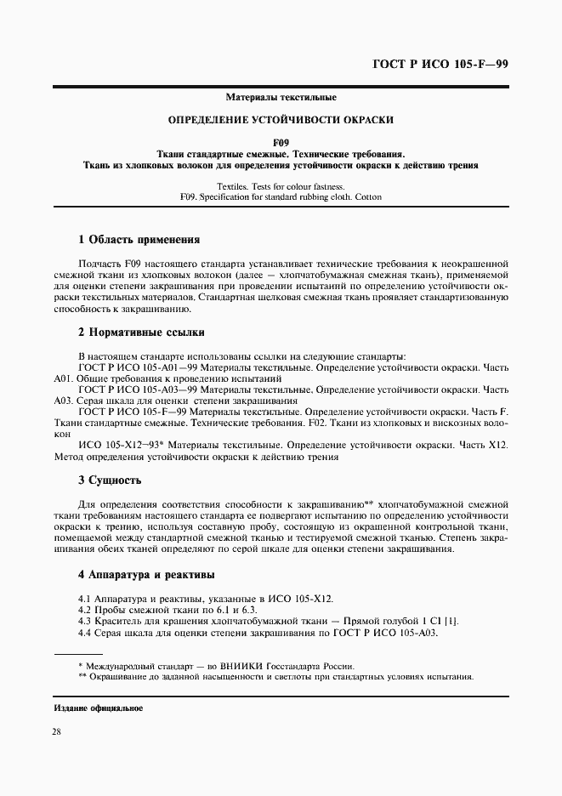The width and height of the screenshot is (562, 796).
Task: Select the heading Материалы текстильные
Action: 281,98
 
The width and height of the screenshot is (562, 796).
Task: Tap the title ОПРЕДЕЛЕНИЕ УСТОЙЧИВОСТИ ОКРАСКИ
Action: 281,120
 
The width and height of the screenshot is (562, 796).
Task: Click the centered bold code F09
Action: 281,142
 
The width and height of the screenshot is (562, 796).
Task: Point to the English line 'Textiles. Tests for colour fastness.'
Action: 281,185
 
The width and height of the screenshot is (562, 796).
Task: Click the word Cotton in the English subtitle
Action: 368,196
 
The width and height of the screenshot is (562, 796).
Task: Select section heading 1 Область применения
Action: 139,240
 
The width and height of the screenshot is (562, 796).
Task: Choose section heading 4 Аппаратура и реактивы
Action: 145,576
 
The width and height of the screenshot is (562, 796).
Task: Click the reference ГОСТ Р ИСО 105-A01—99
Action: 138,368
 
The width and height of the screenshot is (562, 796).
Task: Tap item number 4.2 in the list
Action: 85,611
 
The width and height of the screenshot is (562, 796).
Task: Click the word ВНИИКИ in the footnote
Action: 245,666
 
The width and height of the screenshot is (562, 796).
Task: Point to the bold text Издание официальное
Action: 98,708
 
